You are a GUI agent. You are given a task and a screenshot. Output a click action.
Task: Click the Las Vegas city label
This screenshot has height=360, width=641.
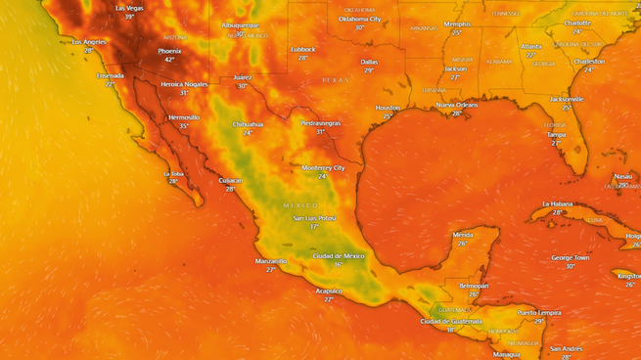(x=128, y=8)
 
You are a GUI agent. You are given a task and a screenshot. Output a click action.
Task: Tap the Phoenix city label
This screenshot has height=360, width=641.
(x=169, y=50)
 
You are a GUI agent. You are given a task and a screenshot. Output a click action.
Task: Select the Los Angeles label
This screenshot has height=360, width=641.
(x=89, y=42)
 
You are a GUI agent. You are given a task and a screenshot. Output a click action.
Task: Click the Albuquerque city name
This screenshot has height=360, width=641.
(x=240, y=24)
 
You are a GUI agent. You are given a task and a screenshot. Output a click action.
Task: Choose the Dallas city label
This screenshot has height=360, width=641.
(x=369, y=62)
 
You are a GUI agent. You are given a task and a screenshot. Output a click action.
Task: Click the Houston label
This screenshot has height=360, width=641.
(x=388, y=108)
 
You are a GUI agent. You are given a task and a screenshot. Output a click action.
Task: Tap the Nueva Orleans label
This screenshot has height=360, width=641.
(x=457, y=104)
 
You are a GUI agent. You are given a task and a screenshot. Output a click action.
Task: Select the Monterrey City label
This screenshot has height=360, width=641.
(x=323, y=167)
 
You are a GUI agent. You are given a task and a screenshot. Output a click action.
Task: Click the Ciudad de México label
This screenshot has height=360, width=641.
(x=338, y=255)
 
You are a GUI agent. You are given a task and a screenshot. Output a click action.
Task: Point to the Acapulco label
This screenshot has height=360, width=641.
(x=329, y=291)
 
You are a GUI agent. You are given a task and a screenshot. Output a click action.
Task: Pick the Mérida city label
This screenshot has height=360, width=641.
(x=463, y=235)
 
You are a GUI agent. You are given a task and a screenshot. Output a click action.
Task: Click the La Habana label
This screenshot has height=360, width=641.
(x=557, y=203)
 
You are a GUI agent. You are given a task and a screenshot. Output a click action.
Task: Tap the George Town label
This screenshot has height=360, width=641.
(x=570, y=257)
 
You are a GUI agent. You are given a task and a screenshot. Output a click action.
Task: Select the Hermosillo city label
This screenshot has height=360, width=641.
(x=184, y=117)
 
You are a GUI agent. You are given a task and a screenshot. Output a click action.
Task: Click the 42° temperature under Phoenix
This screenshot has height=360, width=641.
(x=169, y=59)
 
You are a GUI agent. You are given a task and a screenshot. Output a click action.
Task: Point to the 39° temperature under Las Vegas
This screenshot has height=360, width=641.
(x=128, y=17)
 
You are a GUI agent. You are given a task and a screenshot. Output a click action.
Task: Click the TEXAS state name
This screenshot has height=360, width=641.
(x=335, y=80)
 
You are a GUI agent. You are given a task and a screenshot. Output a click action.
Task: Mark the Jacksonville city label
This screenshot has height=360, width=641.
(x=567, y=99)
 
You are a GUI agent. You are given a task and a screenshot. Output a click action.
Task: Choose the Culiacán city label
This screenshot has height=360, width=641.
(x=231, y=180)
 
